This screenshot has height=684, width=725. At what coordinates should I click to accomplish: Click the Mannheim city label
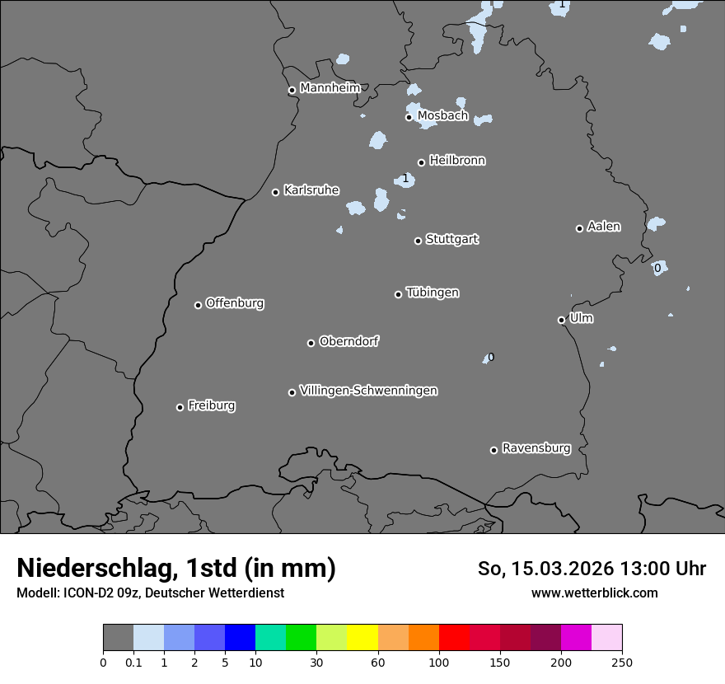(330, 88)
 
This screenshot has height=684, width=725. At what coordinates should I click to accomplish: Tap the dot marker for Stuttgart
(418, 241)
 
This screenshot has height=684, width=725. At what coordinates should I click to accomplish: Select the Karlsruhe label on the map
(311, 190)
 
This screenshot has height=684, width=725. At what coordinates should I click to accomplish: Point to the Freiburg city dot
(180, 407)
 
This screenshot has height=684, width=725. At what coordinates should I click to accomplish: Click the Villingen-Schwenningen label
(368, 391)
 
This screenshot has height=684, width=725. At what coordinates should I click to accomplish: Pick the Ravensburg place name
(536, 448)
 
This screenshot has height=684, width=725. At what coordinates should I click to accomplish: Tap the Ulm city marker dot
(561, 320)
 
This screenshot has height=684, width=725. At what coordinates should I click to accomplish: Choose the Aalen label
(603, 227)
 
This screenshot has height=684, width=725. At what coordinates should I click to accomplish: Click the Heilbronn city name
(456, 161)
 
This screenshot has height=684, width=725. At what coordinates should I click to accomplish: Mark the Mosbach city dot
(409, 117)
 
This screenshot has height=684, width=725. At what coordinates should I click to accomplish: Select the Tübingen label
(432, 293)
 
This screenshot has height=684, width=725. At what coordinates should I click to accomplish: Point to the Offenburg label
(234, 303)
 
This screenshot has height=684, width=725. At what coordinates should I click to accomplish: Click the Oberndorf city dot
(311, 343)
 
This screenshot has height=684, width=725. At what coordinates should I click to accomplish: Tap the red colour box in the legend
(454, 638)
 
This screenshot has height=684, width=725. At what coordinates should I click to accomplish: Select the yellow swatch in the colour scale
(362, 638)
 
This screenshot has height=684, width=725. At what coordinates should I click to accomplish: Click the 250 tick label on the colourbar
(622, 662)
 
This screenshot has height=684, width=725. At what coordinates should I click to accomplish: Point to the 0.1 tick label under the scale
(133, 662)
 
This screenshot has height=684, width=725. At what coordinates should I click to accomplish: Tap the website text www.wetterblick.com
(594, 593)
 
